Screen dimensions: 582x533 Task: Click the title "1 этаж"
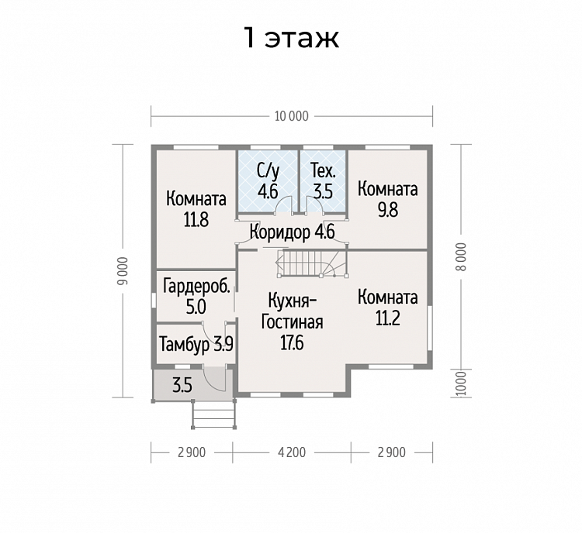(x=291, y=38)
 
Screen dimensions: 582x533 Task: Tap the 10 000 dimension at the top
(x=291, y=116)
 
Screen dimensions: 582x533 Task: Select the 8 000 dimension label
(x=461, y=257)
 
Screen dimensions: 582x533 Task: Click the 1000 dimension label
(x=461, y=383)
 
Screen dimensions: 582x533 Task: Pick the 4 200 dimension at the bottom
(x=291, y=452)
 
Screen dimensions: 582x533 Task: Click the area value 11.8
(x=196, y=220)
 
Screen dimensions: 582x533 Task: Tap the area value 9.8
(x=387, y=210)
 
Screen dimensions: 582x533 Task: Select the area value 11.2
(x=387, y=318)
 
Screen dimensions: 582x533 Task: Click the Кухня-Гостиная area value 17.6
(x=292, y=343)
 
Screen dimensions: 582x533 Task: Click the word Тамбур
(x=185, y=345)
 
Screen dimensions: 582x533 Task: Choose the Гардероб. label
(x=196, y=287)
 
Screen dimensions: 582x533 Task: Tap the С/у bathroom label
(x=268, y=171)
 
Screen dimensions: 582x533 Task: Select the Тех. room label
(x=324, y=171)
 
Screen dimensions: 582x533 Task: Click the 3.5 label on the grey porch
(x=182, y=386)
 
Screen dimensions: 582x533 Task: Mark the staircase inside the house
(x=311, y=263)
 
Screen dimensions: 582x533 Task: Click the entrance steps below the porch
(x=214, y=414)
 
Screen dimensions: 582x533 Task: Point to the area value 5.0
(x=196, y=308)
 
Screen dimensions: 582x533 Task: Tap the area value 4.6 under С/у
(x=268, y=192)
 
